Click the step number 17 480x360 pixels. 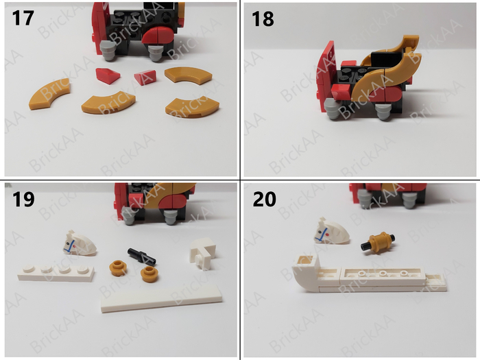click(x=23, y=18)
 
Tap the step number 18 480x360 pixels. click(x=263, y=19)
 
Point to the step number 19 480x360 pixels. click(x=23, y=200)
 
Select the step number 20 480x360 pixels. click(x=264, y=200)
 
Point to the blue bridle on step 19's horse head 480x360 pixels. click(x=71, y=246)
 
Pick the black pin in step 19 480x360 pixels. click(x=141, y=256)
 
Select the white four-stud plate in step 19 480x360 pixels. click(x=56, y=272)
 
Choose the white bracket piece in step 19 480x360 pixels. click(x=204, y=253)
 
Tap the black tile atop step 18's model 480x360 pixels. click(x=386, y=60)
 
